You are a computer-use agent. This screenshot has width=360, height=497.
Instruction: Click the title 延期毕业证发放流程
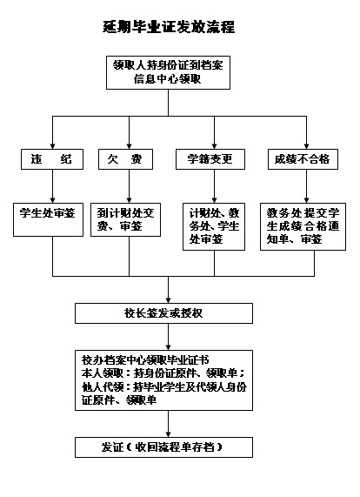(x=169, y=27)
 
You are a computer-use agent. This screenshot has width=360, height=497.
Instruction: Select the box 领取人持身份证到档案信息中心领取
(x=168, y=72)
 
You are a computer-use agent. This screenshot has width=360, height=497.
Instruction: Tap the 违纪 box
(x=52, y=159)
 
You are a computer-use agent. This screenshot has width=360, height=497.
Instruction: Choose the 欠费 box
(x=125, y=159)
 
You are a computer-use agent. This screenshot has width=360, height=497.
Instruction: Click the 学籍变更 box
(x=210, y=159)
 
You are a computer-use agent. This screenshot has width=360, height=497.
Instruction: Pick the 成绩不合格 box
(x=303, y=159)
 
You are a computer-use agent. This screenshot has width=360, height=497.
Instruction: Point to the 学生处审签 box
(x=48, y=219)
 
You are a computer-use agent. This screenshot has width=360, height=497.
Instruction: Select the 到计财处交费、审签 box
(x=126, y=219)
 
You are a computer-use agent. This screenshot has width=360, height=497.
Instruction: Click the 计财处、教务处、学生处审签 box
(x=214, y=226)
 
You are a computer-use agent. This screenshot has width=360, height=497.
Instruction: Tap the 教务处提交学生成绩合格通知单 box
(x=303, y=226)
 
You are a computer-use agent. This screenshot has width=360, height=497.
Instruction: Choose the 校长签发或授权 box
(x=163, y=313)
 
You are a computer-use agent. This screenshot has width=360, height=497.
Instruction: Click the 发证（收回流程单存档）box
(x=163, y=447)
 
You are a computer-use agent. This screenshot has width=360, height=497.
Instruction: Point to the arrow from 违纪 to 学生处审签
(x=52, y=186)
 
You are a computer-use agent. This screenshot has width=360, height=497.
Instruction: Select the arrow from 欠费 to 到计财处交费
(x=129, y=186)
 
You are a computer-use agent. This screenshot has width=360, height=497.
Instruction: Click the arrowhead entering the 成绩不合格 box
(x=306, y=146)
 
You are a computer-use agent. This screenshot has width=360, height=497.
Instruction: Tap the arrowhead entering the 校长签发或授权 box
(x=168, y=300)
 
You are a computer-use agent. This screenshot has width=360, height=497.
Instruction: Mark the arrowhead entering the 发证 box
(x=168, y=434)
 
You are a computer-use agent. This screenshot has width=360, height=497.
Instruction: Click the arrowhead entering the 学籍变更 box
(x=214, y=146)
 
